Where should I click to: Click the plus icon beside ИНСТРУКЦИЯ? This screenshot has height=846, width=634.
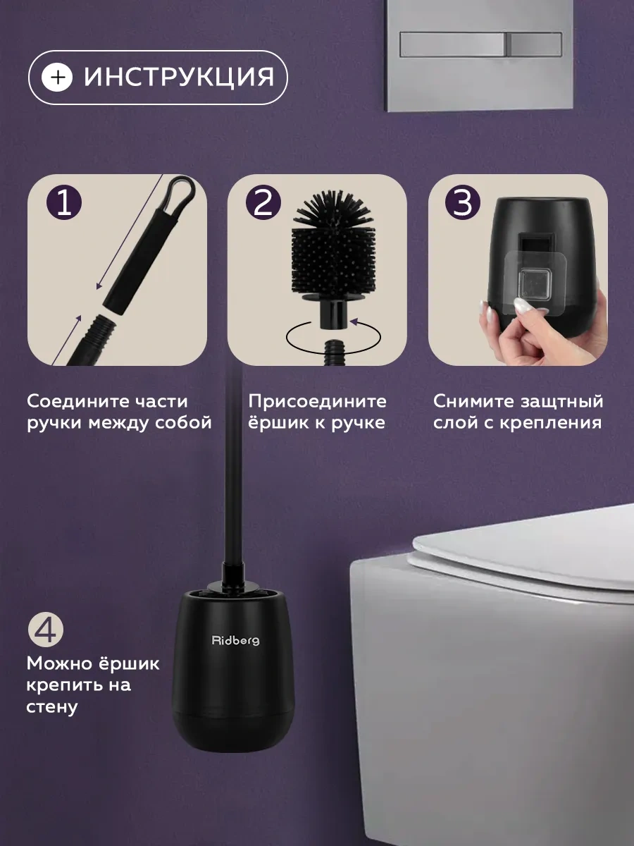point(57,77)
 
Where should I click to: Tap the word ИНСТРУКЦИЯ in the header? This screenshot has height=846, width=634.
point(178,77)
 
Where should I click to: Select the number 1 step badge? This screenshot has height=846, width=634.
point(64,204)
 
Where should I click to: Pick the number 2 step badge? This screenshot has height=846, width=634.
point(263,204)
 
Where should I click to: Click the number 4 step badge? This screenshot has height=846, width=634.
point(46,630)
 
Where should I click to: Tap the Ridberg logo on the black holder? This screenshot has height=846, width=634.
point(235,640)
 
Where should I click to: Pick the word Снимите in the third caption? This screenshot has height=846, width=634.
point(467,402)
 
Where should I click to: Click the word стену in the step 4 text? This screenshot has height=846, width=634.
point(51,706)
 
